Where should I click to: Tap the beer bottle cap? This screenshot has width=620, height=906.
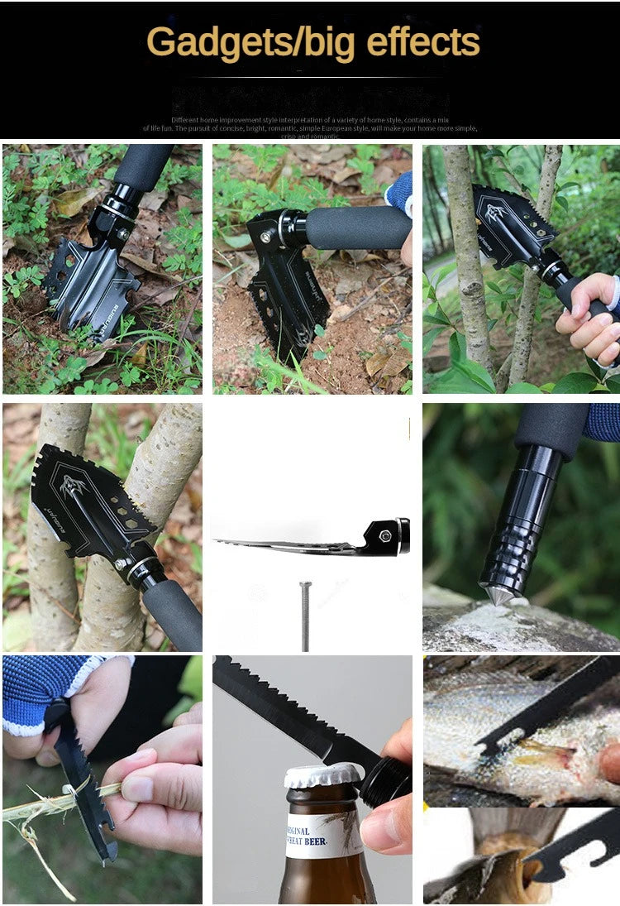(x=323, y=775)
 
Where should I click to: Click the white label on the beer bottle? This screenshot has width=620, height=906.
(x=323, y=836)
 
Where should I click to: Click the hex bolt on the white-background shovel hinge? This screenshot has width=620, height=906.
(x=385, y=535)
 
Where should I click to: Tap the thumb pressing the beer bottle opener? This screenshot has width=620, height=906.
(x=389, y=827)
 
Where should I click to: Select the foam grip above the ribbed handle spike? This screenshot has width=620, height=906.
(x=550, y=430)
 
